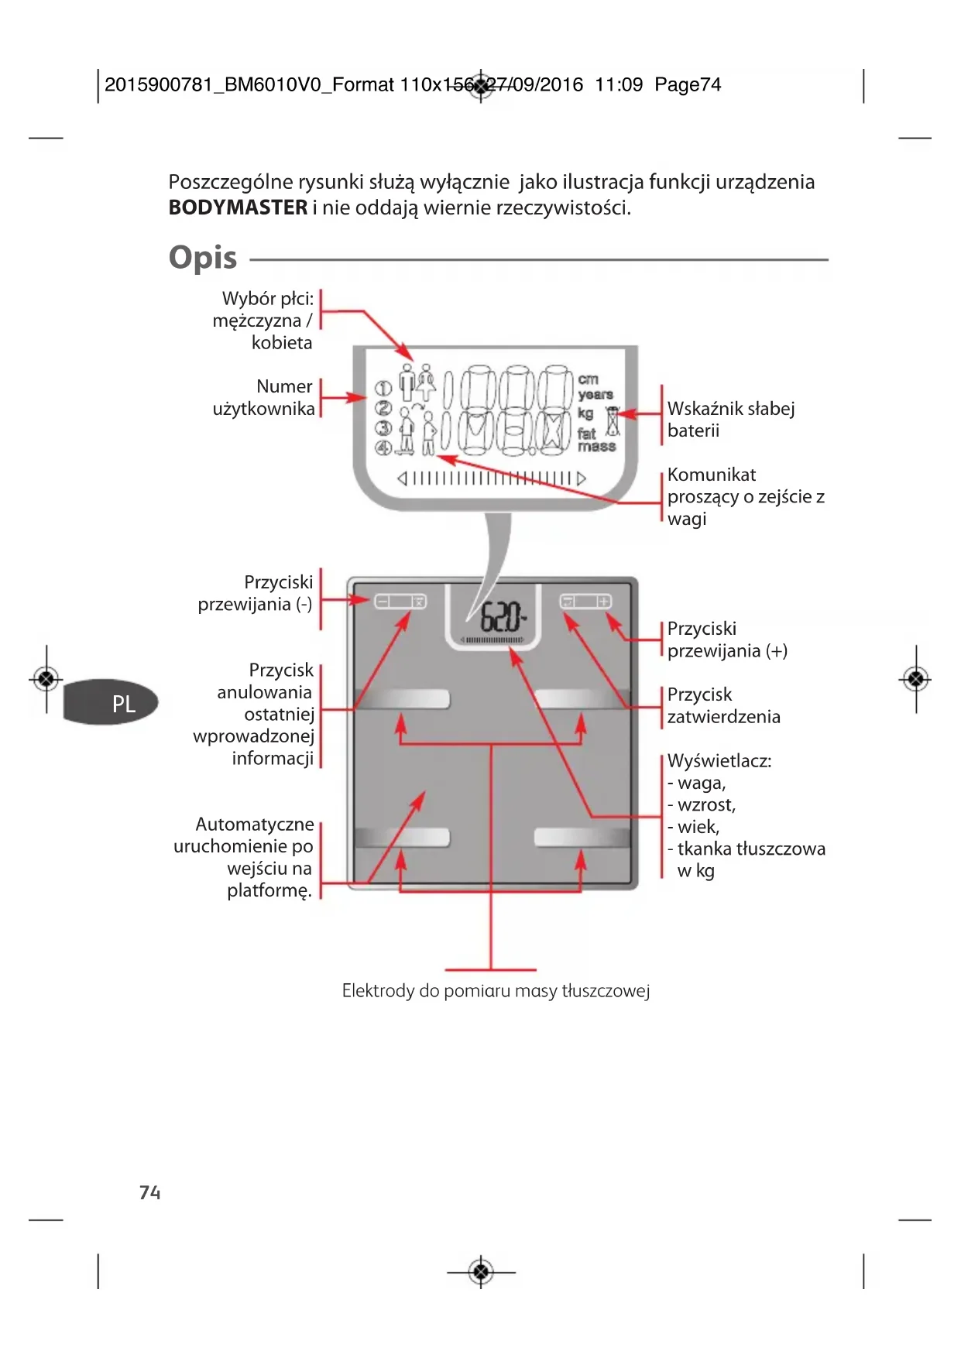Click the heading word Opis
coord(203,258)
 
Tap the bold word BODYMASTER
coord(238,207)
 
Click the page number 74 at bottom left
coord(149,1192)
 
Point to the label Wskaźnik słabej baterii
coord(730,419)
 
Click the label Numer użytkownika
coord(264,397)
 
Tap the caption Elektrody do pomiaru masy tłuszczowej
coord(496,990)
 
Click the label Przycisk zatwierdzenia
coord(723,705)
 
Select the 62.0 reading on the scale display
coord(502,618)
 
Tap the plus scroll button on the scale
coord(603,602)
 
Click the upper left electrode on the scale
coord(402,699)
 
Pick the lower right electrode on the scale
coord(582,837)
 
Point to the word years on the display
coord(595,395)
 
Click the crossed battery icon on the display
coord(613,422)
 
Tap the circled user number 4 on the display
coord(383,448)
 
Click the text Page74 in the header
coord(687,84)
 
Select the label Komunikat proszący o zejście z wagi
coord(745,496)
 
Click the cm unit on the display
coord(588,379)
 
